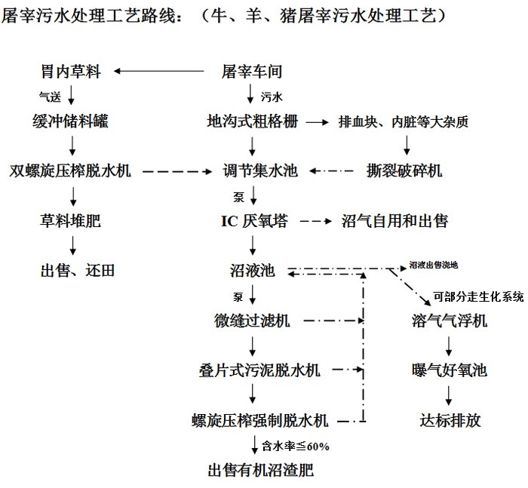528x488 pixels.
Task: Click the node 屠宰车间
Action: (252, 72)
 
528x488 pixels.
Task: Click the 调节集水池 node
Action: (252, 171)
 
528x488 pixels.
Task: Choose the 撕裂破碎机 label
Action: (404, 171)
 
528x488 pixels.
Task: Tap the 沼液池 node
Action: (252, 270)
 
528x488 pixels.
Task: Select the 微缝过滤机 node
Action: (252, 321)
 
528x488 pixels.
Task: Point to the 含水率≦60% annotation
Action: (294, 446)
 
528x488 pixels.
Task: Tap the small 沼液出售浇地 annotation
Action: (433, 265)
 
